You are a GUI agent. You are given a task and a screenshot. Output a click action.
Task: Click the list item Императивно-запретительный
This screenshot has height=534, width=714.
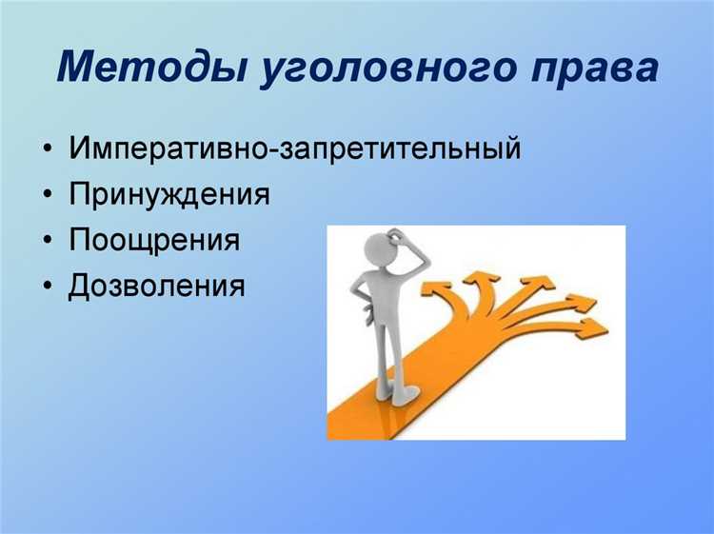pyautogui.click(x=294, y=149)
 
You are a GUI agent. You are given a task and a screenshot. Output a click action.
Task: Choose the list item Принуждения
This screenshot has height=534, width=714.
pyautogui.click(x=169, y=195)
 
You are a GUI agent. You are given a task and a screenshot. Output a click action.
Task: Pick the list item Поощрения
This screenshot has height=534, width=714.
pyautogui.click(x=153, y=240)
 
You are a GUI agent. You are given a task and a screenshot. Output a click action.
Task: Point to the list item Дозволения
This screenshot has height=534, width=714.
pyautogui.click(x=156, y=285)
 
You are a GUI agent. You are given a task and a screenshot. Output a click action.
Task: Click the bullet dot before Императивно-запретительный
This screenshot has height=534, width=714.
pyautogui.click(x=48, y=150)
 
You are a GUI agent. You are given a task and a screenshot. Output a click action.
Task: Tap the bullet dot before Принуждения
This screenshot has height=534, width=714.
pyautogui.click(x=48, y=196)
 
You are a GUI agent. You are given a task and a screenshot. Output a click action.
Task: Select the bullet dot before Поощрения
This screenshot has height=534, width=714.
pyautogui.click(x=48, y=241)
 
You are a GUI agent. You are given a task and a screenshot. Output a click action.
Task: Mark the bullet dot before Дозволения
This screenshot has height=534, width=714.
pyautogui.click(x=48, y=286)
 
